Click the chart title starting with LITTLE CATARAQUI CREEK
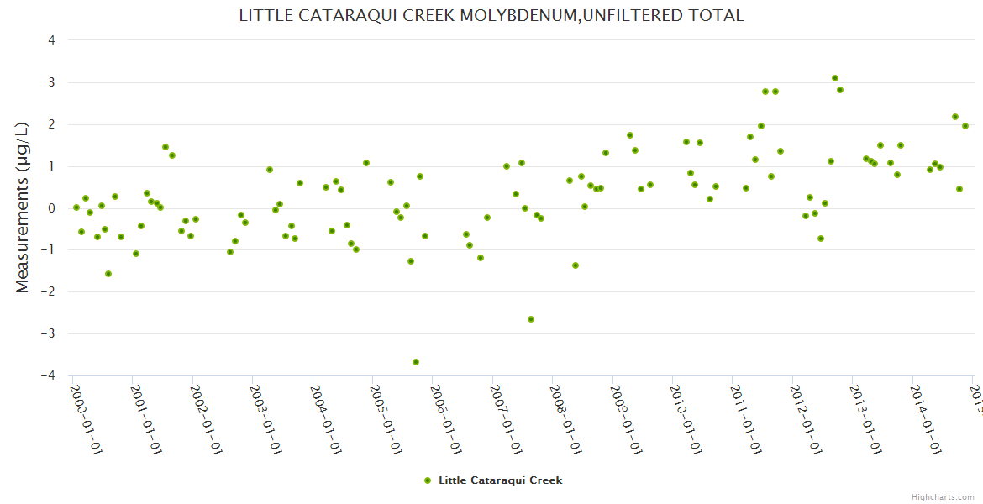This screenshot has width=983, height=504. (491, 16)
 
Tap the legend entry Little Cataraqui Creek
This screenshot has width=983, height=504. (500, 480)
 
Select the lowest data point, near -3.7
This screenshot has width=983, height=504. (416, 362)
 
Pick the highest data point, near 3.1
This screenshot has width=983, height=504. (835, 78)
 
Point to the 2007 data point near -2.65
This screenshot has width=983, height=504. (531, 319)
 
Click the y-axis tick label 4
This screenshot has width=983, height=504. (52, 40)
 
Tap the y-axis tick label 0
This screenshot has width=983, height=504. (52, 208)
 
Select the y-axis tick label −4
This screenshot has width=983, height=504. (49, 375)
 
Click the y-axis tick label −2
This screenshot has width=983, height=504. (49, 291)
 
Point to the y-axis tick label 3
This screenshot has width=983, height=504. (52, 82)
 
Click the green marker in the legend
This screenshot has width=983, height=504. (428, 480)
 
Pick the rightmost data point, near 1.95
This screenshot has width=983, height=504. (965, 126)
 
